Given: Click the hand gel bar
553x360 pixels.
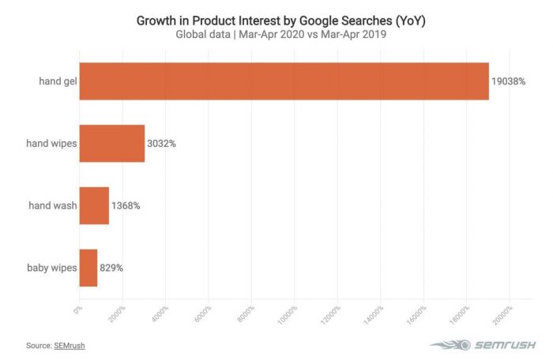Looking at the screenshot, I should pos(284,80).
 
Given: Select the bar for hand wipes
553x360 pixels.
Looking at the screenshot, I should pos(112,143).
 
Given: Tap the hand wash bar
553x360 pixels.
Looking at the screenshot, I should pos(94,205).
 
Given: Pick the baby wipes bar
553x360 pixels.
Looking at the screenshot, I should pos(88,268).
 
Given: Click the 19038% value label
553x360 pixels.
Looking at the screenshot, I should pos(509,80).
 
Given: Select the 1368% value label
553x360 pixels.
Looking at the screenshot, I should pos(126,205).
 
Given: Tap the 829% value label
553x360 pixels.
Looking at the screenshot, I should pos(112,268).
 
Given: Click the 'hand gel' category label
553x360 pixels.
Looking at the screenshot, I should pos(57,80).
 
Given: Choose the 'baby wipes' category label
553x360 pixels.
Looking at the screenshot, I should pos(51,268).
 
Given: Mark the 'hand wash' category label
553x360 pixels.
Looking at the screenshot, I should pos(52,205).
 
